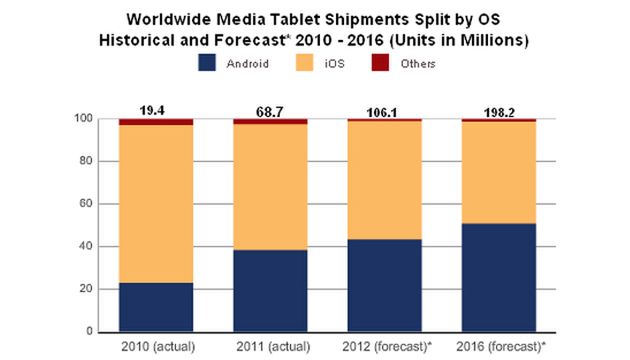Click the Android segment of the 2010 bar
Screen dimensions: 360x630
tap(156, 307)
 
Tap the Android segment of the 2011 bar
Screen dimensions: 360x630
tap(270, 290)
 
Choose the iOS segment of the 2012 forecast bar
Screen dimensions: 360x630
tap(384, 180)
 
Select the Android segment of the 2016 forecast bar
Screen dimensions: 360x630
tap(498, 277)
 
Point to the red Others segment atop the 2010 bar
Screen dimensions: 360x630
tap(156, 122)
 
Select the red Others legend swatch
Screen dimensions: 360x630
tap(408, 62)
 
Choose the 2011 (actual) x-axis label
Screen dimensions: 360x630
tap(270, 347)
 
